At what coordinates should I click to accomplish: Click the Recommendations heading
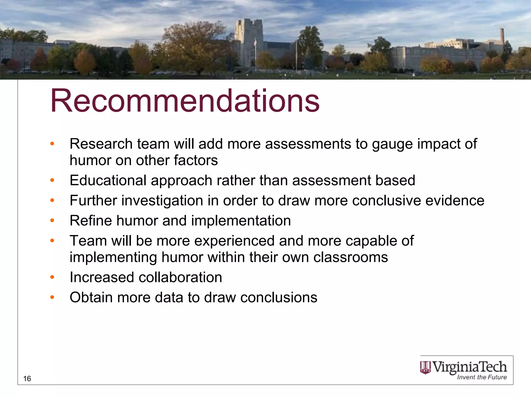(x=185, y=101)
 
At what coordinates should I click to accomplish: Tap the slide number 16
(x=27, y=379)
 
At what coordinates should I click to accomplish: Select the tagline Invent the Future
(x=482, y=377)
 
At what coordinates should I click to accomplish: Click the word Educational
(x=108, y=180)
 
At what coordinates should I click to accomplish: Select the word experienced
(x=234, y=241)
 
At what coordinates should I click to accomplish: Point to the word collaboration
(x=180, y=277)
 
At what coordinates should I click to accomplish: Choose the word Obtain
(x=91, y=297)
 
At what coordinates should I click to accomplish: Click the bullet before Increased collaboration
(x=52, y=277)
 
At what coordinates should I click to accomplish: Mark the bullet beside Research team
(x=52, y=144)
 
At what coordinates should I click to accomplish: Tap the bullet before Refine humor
(x=52, y=221)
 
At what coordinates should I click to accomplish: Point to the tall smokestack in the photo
(x=502, y=36)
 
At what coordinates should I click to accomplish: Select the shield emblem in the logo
(x=425, y=368)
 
